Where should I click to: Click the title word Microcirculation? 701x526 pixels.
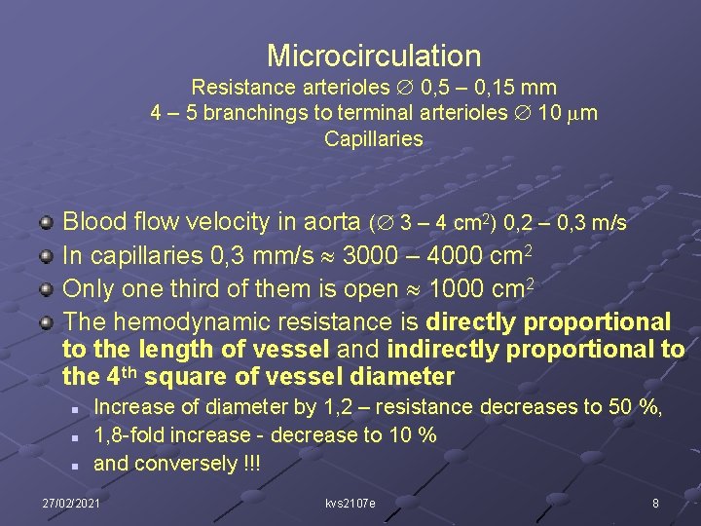pos(374,56)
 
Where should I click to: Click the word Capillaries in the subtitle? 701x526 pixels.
pos(374,139)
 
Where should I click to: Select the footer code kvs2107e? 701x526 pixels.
pos(350,503)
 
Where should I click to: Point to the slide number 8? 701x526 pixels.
pos(655,503)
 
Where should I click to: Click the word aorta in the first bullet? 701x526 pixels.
pos(333,222)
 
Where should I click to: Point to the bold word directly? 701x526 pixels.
pos(473,322)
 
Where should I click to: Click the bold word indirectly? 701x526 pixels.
pos(442,349)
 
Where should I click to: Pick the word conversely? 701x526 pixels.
pos(179,464)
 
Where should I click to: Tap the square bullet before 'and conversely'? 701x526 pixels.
pos(74,465)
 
